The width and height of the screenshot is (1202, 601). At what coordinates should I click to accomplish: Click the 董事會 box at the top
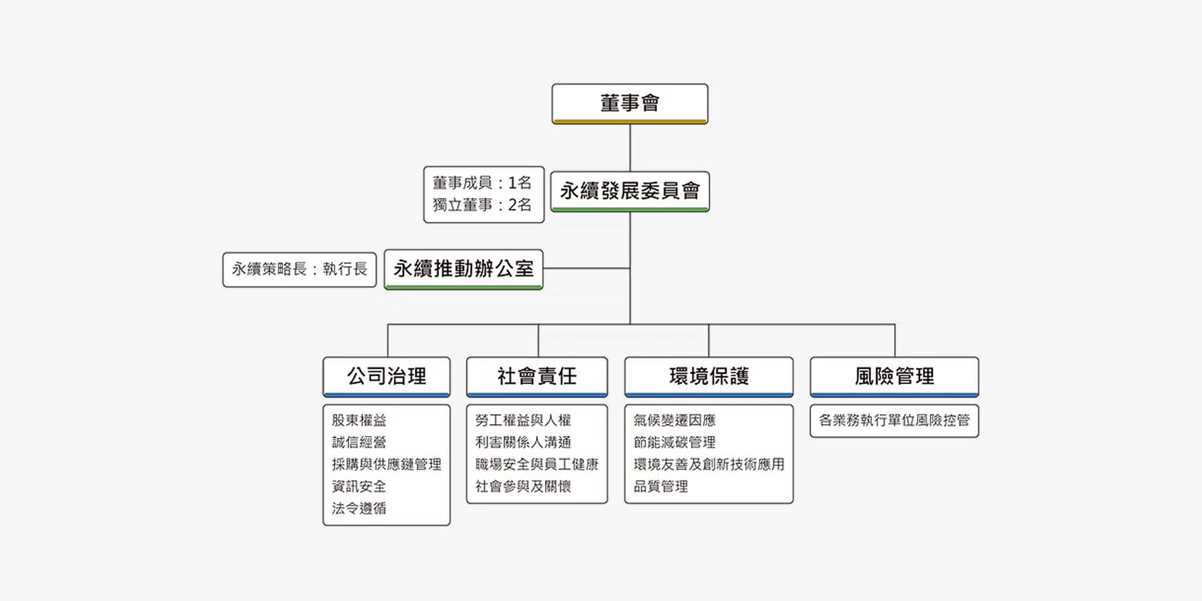[x=630, y=104]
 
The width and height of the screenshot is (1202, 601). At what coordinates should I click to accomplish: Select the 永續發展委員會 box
[x=630, y=192]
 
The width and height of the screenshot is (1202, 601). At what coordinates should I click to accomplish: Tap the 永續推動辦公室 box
[x=463, y=269]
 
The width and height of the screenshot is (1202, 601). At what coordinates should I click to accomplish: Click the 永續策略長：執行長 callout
[x=299, y=269]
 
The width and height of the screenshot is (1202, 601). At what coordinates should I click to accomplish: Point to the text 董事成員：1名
[x=481, y=183]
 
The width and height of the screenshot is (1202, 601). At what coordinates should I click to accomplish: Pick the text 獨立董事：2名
[x=481, y=205]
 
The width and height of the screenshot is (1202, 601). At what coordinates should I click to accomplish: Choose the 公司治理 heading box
[x=387, y=377]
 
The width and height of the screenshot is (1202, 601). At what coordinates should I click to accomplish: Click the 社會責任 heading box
[x=537, y=377]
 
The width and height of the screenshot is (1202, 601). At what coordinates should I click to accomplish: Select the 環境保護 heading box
[x=709, y=377]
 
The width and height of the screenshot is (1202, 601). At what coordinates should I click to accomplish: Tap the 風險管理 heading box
[x=894, y=377]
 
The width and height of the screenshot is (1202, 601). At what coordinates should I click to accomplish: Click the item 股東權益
[x=359, y=420]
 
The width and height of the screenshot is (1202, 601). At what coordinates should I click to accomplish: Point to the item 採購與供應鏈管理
[x=387, y=464]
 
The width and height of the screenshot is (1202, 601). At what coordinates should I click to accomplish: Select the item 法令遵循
[x=359, y=508]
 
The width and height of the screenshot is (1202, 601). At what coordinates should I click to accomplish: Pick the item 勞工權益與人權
[x=523, y=420]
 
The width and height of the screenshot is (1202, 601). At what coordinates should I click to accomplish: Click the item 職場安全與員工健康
[x=537, y=464]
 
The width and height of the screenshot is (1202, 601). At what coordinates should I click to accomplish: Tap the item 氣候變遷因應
[x=674, y=420]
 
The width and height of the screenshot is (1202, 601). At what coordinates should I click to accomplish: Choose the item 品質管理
[x=660, y=486]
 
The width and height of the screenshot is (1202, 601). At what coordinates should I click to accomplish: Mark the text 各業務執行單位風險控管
[x=894, y=420]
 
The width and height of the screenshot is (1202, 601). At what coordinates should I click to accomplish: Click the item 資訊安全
[x=359, y=486]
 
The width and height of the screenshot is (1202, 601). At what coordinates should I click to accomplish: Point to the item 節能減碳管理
[x=674, y=442]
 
